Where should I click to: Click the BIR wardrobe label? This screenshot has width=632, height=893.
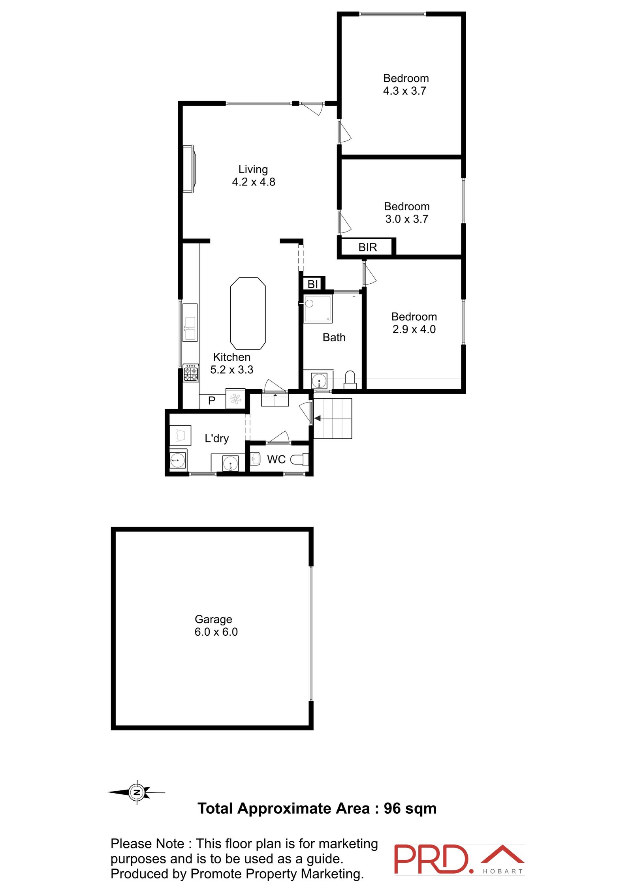coord(367,247)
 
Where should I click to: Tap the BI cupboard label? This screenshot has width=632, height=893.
coord(312,284)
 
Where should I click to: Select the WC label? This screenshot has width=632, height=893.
coord(276,459)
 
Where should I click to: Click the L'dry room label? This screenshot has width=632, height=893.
coord(216,438)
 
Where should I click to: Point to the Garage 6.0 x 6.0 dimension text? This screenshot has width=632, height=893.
coord(216,632)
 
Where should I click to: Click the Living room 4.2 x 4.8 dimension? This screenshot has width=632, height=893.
coord(254,182)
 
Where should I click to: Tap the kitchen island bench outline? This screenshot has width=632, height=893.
coord(248,313)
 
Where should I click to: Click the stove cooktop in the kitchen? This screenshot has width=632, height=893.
coord(190,373)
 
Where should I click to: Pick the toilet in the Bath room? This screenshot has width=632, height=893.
coord(350,380)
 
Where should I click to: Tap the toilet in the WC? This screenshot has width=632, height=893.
coord(299,459)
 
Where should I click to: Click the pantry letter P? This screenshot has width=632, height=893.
coord(212,401)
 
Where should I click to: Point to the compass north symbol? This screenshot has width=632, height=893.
coord(137,792)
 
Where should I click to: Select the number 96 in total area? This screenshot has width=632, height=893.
coord(392,809)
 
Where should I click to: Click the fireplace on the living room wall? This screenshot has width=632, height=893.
coord(189,169)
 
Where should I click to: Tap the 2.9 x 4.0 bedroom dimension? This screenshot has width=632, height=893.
coord(414,329)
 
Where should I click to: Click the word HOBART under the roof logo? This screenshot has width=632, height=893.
coord(503,871)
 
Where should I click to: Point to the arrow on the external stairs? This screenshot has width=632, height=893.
coord(318,418)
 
